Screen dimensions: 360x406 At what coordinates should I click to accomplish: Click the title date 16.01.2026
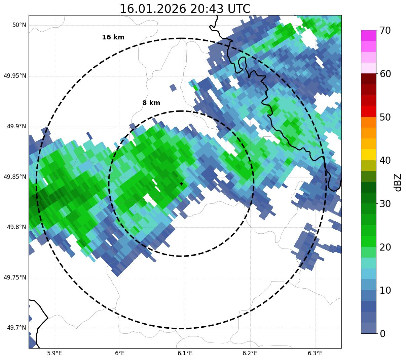153,9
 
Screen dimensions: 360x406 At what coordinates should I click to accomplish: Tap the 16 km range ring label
113,37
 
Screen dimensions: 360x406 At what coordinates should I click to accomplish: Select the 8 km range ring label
151,103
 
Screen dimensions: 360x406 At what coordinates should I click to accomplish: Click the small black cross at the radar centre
181,184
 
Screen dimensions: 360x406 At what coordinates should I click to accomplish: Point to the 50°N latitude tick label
19,25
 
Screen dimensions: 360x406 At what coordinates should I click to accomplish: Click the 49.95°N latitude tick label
15,76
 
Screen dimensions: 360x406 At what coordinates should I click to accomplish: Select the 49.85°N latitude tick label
15,177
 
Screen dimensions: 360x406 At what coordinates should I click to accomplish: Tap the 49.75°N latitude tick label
15,277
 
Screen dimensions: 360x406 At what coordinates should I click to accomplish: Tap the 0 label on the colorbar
382,334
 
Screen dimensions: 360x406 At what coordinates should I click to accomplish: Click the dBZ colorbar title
398,182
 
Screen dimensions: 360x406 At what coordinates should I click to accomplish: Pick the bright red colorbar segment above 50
369,111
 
